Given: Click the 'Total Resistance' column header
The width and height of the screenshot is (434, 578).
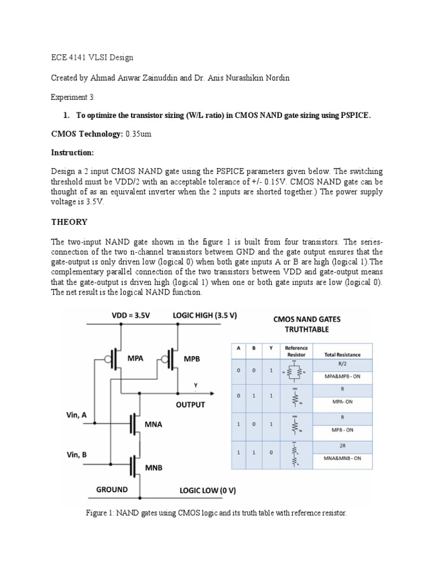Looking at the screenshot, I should pos(342,354).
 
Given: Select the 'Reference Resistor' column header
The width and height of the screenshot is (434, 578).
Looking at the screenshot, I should pos(296,352).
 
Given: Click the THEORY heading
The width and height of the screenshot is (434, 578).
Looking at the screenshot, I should pos(69,222).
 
